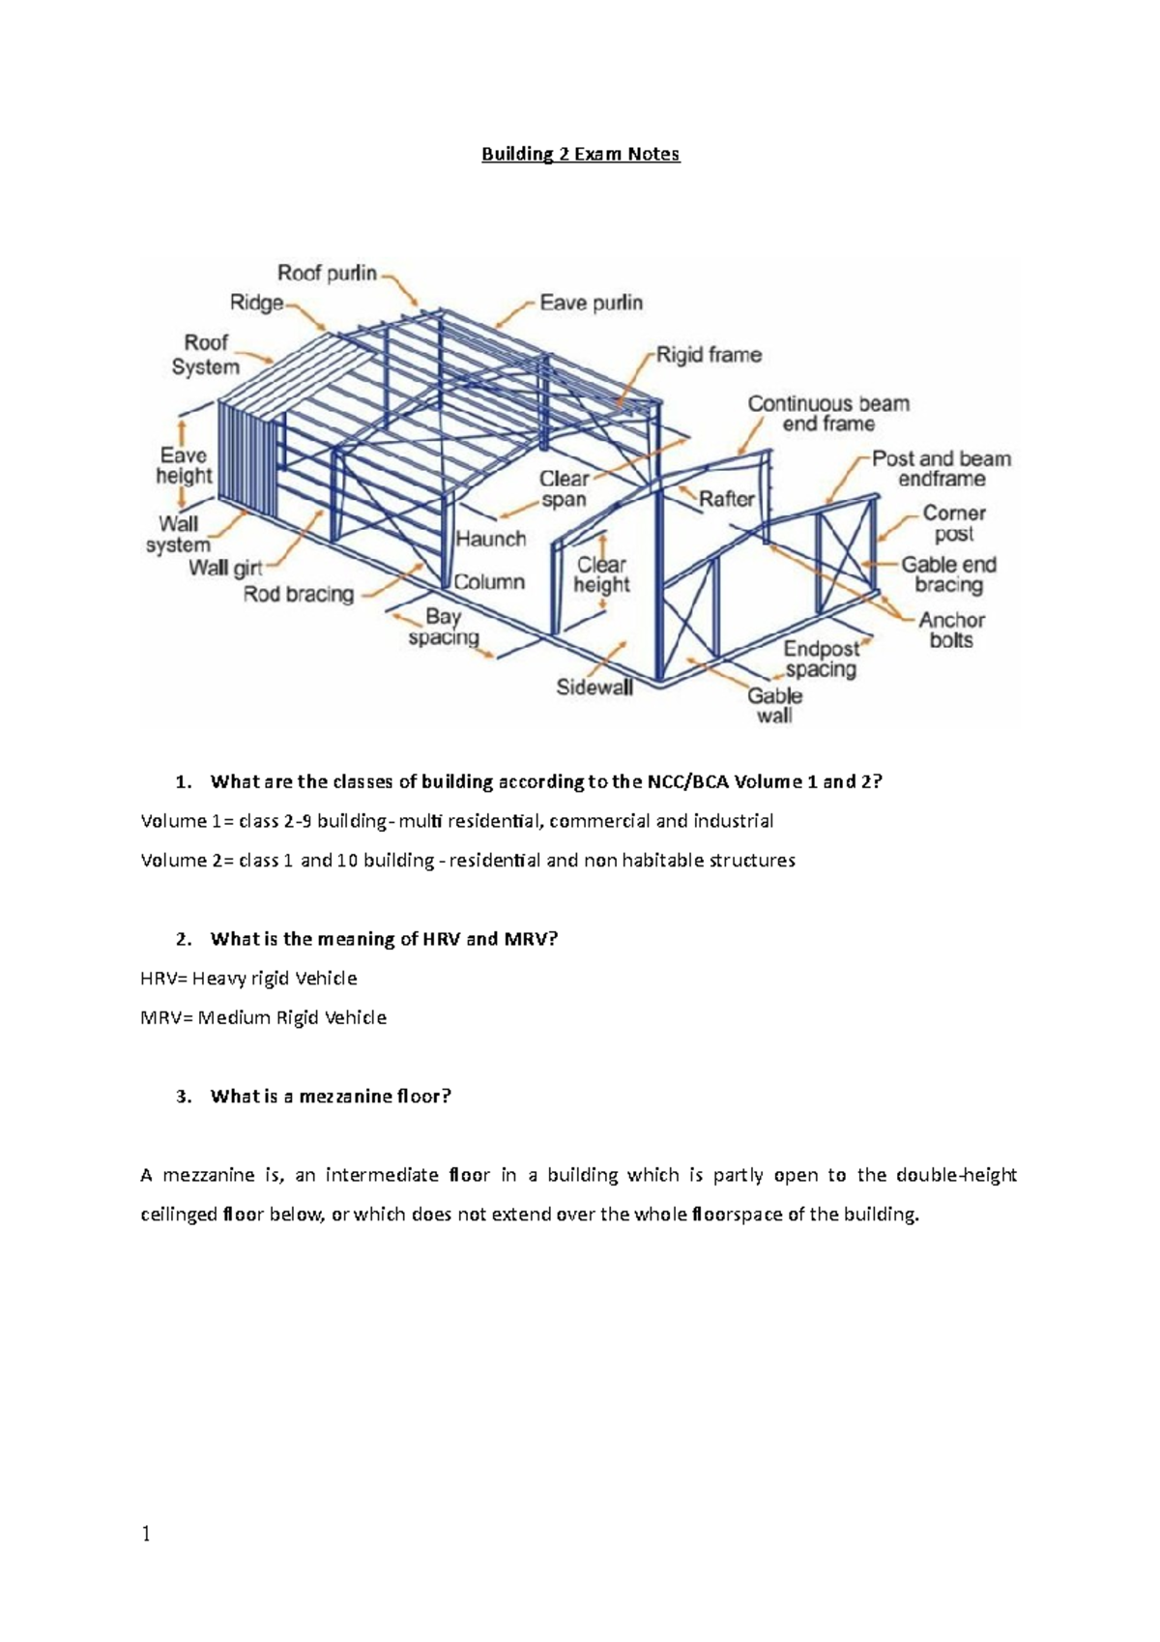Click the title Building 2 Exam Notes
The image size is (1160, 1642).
pyautogui.click(x=581, y=154)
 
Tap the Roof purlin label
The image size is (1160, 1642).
pyautogui.click(x=327, y=273)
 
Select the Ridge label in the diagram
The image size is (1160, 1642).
pyautogui.click(x=256, y=303)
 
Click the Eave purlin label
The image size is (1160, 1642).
pyautogui.click(x=591, y=303)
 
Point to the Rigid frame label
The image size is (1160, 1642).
pyautogui.click(x=709, y=355)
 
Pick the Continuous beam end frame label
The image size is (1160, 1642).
pyautogui.click(x=828, y=414)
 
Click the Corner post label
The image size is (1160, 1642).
pyautogui.click(x=954, y=523)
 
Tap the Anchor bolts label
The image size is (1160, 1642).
pyautogui.click(x=951, y=630)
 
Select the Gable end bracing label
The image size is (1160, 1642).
pyautogui.click(x=948, y=574)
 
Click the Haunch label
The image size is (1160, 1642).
pyautogui.click(x=490, y=539)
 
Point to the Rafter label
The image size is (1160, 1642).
pyautogui.click(x=726, y=499)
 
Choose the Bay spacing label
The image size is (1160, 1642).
pyautogui.click(x=444, y=627)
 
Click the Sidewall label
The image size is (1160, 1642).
pyautogui.click(x=594, y=688)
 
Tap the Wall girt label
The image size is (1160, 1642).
pyautogui.click(x=225, y=568)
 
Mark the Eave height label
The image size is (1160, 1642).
pyautogui.click(x=184, y=465)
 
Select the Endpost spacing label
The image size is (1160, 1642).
pyautogui.click(x=821, y=659)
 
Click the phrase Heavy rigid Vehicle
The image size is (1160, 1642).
pyautogui.click(x=275, y=979)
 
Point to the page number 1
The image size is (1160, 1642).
pyautogui.click(x=146, y=1535)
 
